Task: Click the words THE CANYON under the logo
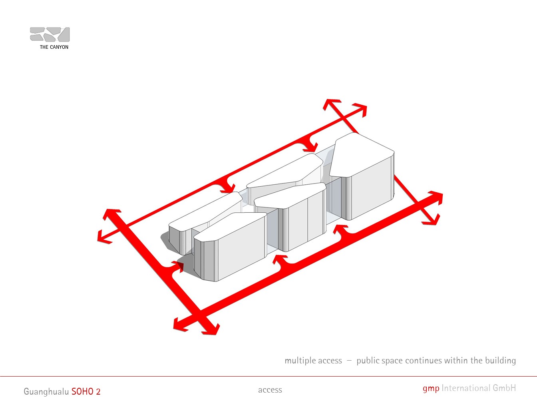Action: click(x=54, y=47)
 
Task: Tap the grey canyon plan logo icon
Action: click(x=50, y=34)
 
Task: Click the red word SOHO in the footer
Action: click(x=82, y=391)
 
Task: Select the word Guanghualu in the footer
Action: click(x=46, y=392)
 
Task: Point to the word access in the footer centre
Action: click(x=270, y=390)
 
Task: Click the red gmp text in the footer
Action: click(x=431, y=389)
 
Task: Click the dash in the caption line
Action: click(x=349, y=361)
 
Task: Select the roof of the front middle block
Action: click(x=290, y=196)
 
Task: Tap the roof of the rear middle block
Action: click(x=285, y=171)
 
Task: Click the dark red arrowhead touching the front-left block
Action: click(x=180, y=265)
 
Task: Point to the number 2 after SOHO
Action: click(x=98, y=392)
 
